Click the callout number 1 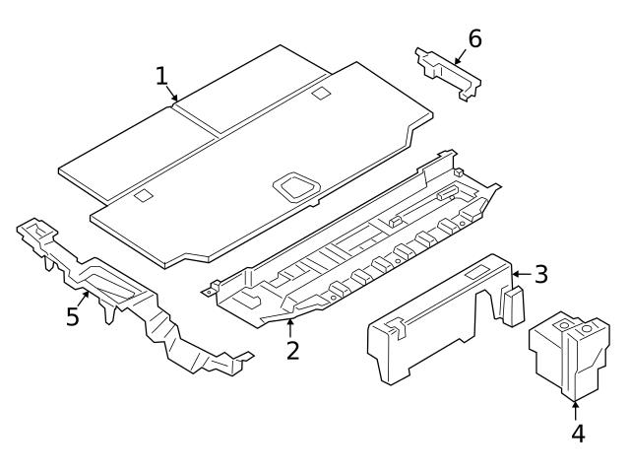coord(161,76)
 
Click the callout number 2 coord(292,349)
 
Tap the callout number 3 coord(540,273)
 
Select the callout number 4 coord(578,433)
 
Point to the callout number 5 coord(72,317)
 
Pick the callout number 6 coord(474,39)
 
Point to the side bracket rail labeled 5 coord(148,305)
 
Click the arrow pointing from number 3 coord(521,273)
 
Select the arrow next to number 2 coord(291,327)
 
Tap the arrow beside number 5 coord(87,298)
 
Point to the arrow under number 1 coord(173,96)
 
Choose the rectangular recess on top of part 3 coord(481,270)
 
